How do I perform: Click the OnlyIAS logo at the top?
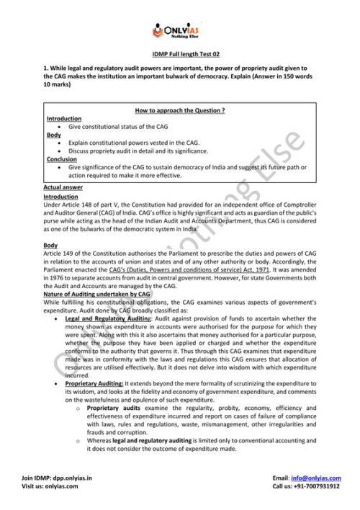tap(180, 31)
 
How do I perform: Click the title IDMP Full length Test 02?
tap(180, 55)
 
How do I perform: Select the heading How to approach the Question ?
tap(180, 110)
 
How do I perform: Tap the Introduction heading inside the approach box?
tap(64, 118)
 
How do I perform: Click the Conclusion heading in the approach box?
tap(62, 159)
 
